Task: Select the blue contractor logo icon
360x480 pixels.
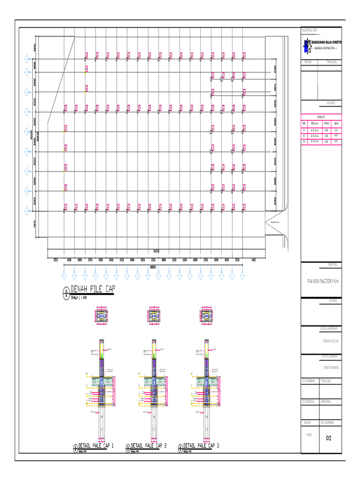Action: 307,45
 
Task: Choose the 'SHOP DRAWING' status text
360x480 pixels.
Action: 330,367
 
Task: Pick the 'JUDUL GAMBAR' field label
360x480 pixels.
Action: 330,329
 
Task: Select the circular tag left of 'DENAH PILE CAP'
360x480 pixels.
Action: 65,294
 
